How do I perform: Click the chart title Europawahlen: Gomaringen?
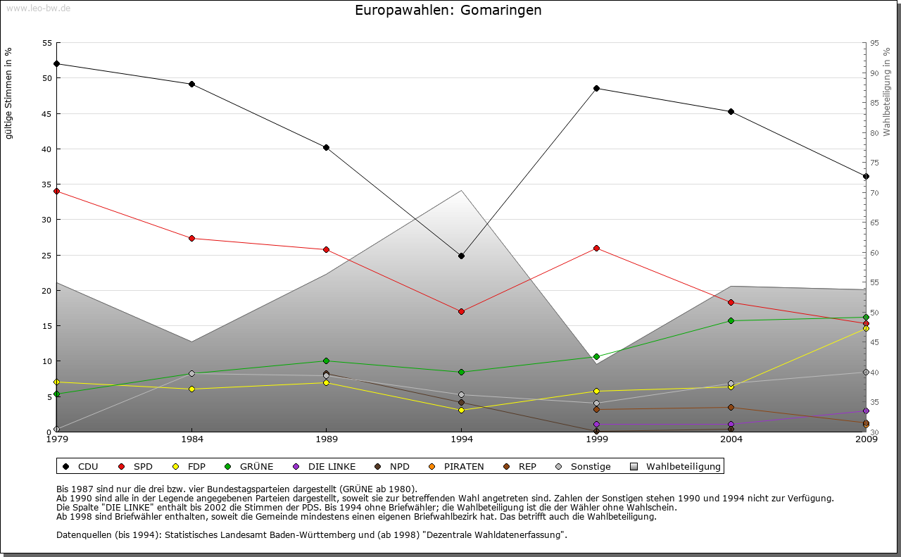(x=448, y=11)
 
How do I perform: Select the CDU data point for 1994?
(x=461, y=256)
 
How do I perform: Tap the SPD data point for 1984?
(x=191, y=238)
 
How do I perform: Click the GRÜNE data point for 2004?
(x=731, y=320)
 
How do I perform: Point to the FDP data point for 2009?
(x=866, y=328)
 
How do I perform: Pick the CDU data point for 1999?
(x=596, y=88)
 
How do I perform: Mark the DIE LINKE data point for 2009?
(x=866, y=411)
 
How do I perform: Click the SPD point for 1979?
(x=56, y=191)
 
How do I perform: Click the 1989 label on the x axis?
(x=327, y=440)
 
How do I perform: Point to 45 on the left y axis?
(x=46, y=113)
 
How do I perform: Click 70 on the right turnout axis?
(x=874, y=193)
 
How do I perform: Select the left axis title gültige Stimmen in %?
(x=8, y=93)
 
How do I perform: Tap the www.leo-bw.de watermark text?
(x=38, y=8)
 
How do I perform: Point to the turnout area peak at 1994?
(x=461, y=191)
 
